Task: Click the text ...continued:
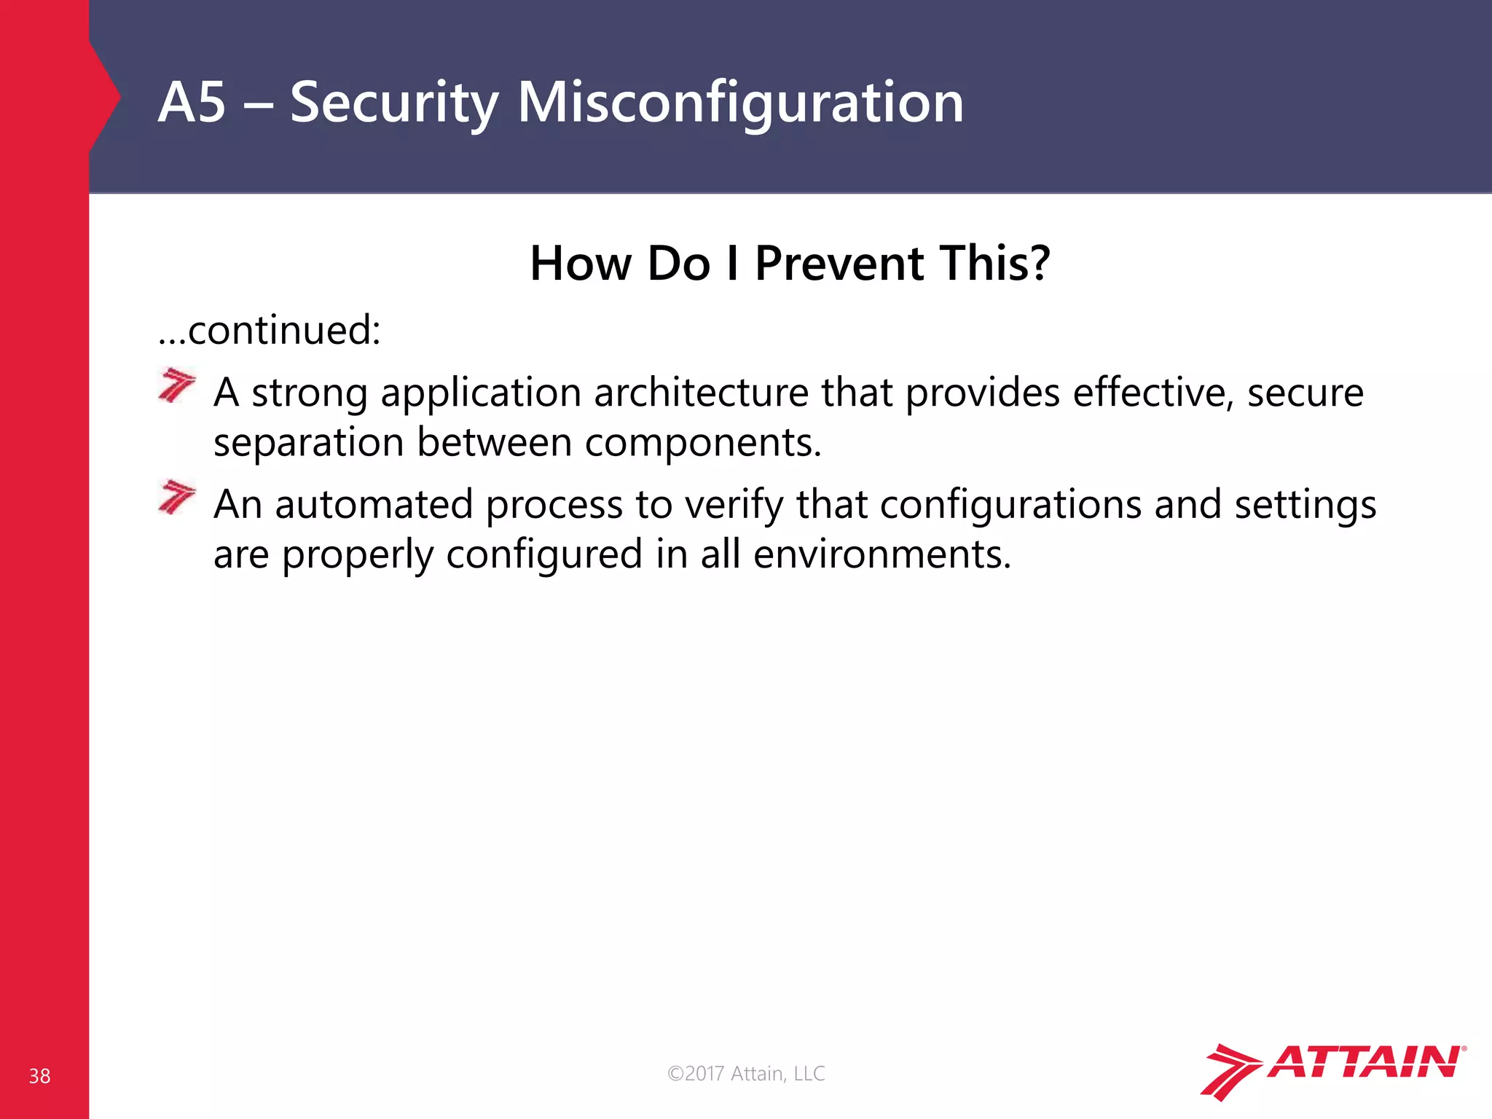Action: point(270,330)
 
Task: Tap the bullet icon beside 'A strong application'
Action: point(176,385)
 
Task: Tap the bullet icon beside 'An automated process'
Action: point(176,497)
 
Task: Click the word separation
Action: point(308,443)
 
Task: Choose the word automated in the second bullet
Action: point(374,504)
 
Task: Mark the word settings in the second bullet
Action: point(1305,504)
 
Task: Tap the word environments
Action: point(882,554)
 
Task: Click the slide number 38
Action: point(39,1076)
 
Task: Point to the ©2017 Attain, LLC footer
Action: point(746,1073)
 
